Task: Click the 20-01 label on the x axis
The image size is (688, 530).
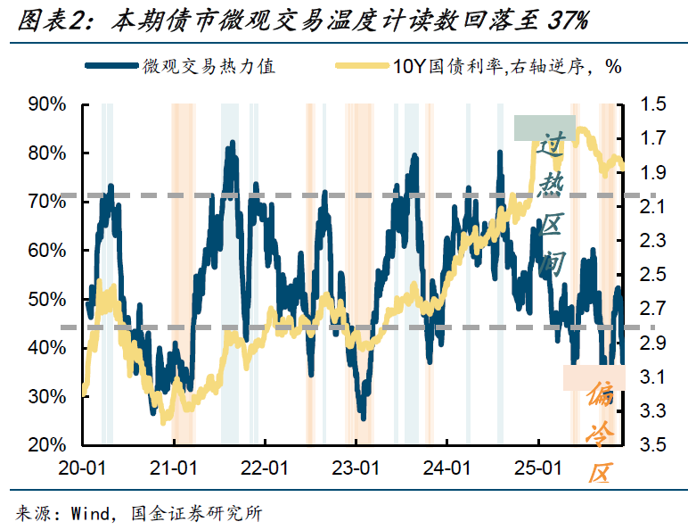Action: click(82, 467)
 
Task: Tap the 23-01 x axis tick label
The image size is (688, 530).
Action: click(356, 467)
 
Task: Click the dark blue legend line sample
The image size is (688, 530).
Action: click(113, 67)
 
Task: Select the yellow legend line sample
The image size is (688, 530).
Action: click(360, 67)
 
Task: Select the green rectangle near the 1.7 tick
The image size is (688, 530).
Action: click(545, 128)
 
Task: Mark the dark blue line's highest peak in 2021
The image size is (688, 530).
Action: click(233, 143)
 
